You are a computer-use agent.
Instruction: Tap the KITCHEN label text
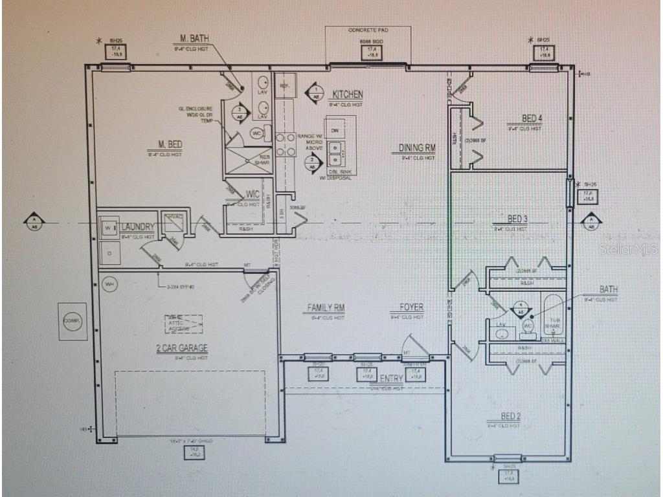(348, 94)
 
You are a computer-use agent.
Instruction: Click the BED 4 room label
(532, 118)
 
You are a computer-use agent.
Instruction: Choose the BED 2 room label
(510, 416)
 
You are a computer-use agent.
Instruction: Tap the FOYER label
(412, 308)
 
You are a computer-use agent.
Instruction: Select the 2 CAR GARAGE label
(182, 348)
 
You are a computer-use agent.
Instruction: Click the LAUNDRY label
(137, 227)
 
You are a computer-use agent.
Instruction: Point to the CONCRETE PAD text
(367, 30)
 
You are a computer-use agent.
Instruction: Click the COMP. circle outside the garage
(72, 320)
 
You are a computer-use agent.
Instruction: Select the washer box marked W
(108, 228)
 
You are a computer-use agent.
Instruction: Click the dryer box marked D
(109, 253)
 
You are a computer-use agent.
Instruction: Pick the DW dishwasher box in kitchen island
(335, 131)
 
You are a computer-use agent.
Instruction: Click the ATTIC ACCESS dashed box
(183, 324)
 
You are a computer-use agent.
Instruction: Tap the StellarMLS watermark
(627, 248)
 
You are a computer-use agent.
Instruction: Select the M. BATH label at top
(194, 39)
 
